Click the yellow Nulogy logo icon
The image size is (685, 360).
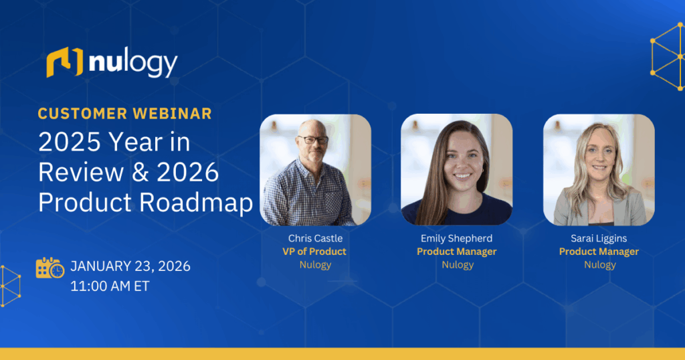tap(64, 62)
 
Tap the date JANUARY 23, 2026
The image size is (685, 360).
tap(130, 266)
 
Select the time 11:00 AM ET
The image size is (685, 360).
tap(110, 286)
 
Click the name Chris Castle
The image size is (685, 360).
tap(315, 238)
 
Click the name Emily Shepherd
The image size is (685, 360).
tap(457, 238)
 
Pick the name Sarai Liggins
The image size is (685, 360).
tap(599, 238)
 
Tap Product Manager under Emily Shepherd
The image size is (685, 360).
tap(457, 252)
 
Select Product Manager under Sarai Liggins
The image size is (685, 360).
tap(599, 252)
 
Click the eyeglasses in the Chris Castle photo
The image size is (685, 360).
tap(312, 141)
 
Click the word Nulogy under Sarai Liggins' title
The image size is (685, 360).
tap(599, 265)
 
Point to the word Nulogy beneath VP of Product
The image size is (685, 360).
tap(315, 265)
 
